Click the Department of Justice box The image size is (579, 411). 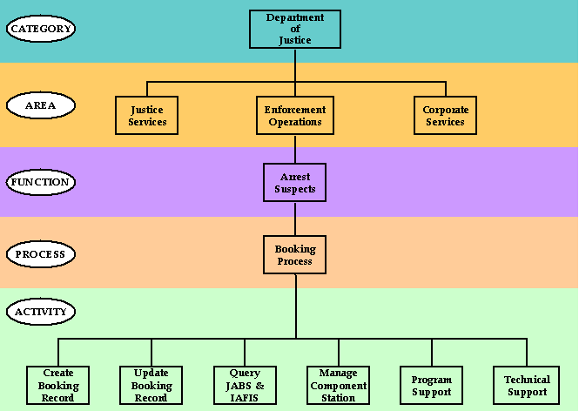[295, 29]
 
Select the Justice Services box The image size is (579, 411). [147, 116]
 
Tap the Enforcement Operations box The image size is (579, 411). [295, 116]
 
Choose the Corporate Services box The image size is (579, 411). [445, 116]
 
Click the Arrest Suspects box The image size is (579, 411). [294, 183]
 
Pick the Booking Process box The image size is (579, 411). [295, 255]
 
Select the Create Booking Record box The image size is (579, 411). [58, 386]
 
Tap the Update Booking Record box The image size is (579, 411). [151, 386]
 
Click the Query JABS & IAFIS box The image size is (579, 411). [245, 386]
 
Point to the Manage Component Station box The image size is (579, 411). [338, 386]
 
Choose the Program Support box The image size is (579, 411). [432, 386]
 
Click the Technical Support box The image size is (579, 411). [527, 386]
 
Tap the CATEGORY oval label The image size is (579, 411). [41, 29]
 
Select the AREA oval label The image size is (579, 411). [41, 105]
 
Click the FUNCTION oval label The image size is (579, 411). [41, 182]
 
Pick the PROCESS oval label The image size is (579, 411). [41, 255]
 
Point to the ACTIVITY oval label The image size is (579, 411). [41, 311]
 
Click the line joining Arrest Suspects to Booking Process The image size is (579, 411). [295, 219]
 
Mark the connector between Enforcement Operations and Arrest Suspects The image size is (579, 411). [295, 149]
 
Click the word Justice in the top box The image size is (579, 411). [295, 40]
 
